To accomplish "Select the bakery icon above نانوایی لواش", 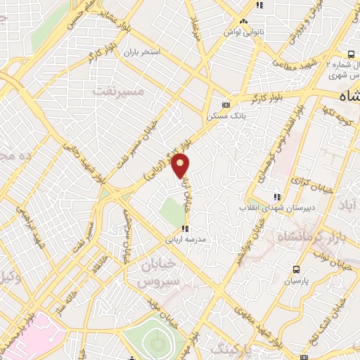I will point(243,21).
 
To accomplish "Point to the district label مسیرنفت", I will point(118,91).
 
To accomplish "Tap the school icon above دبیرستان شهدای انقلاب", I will point(278,198).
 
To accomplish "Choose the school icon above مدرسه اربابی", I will point(184,229).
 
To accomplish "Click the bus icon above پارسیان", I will point(296,269).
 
